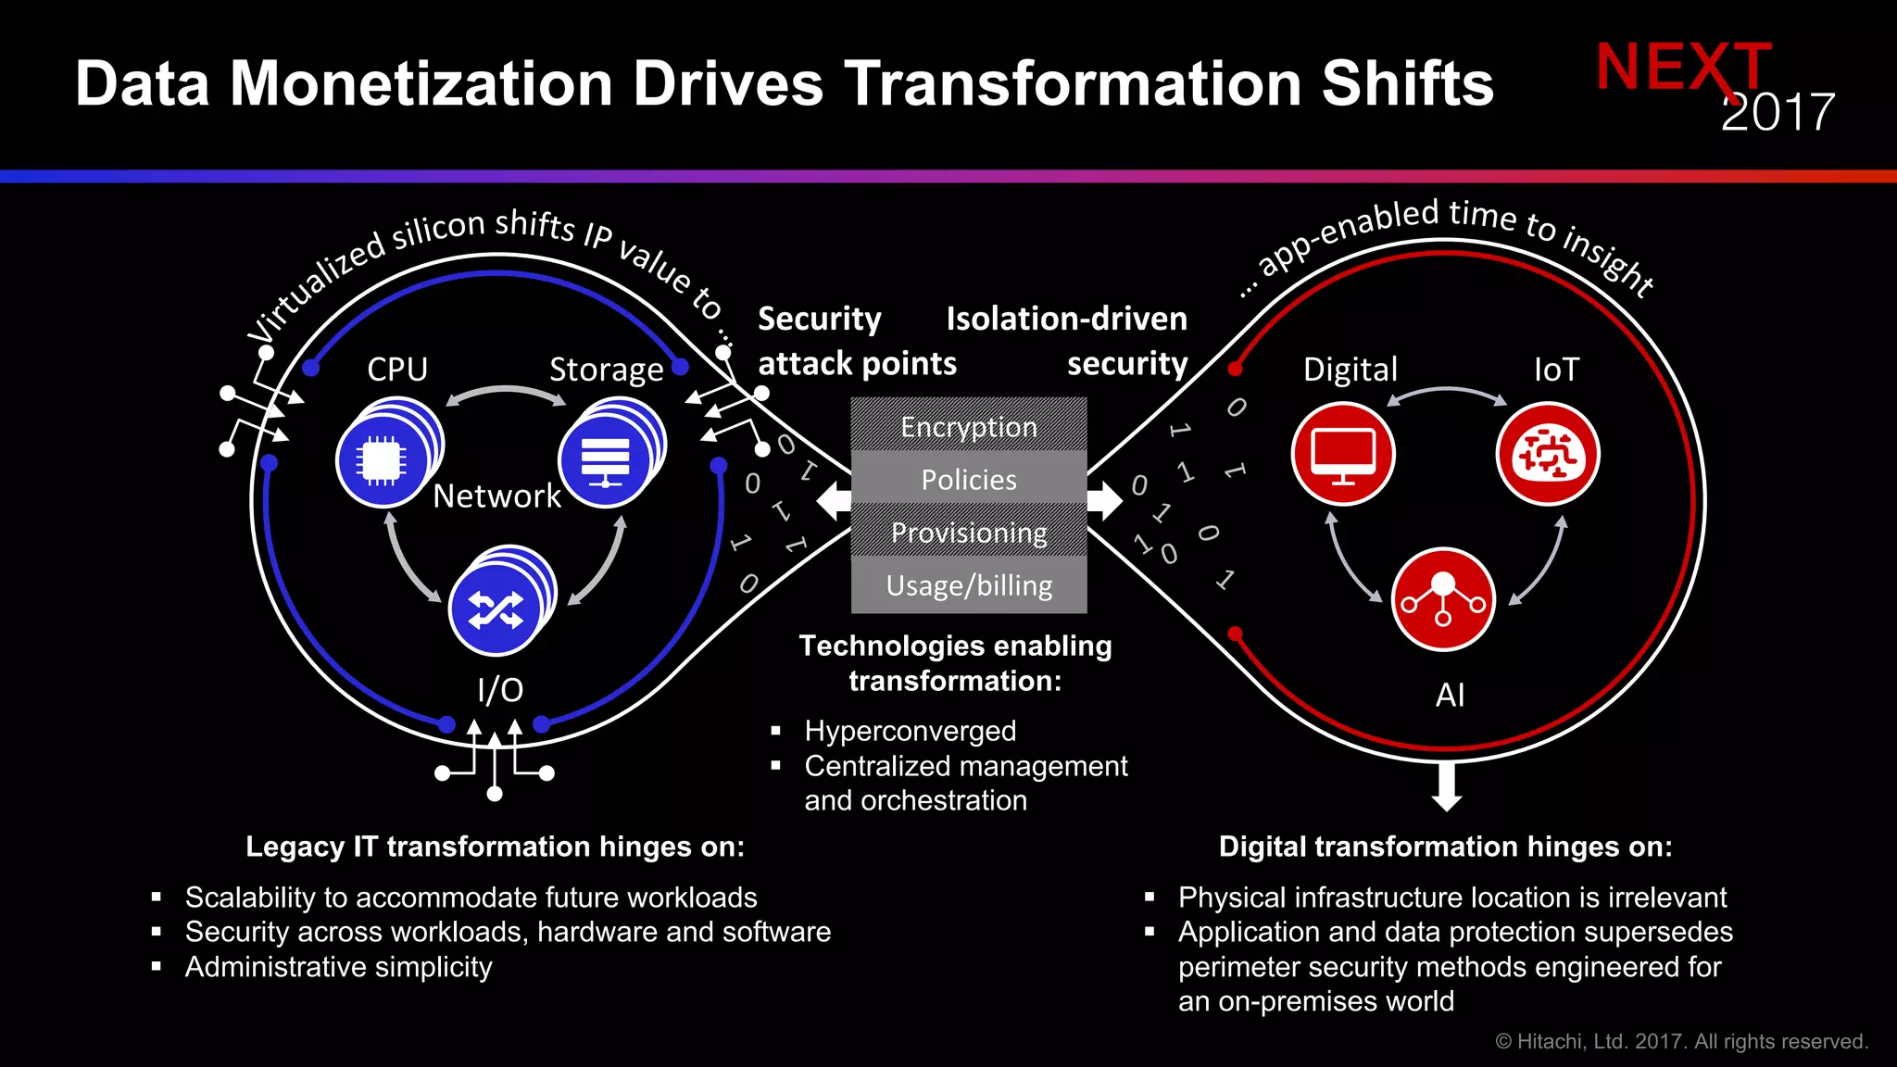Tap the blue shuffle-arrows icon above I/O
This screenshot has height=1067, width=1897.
point(496,609)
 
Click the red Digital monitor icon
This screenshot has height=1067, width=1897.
point(1343,454)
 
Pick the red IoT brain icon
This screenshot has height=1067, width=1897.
point(1548,454)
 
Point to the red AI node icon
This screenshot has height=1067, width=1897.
point(1443,599)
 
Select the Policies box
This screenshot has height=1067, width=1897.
point(969,479)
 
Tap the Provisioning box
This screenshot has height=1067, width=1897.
point(969,532)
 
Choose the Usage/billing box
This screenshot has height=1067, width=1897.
point(969,585)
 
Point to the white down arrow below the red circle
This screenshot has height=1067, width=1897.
point(1447,786)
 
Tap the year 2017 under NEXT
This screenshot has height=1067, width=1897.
point(1778,113)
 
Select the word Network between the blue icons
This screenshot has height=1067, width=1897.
point(496,496)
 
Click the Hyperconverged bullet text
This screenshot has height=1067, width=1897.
point(910,731)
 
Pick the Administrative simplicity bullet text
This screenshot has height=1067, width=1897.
point(338,967)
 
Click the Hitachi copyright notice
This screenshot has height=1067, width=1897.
point(1681,1041)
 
